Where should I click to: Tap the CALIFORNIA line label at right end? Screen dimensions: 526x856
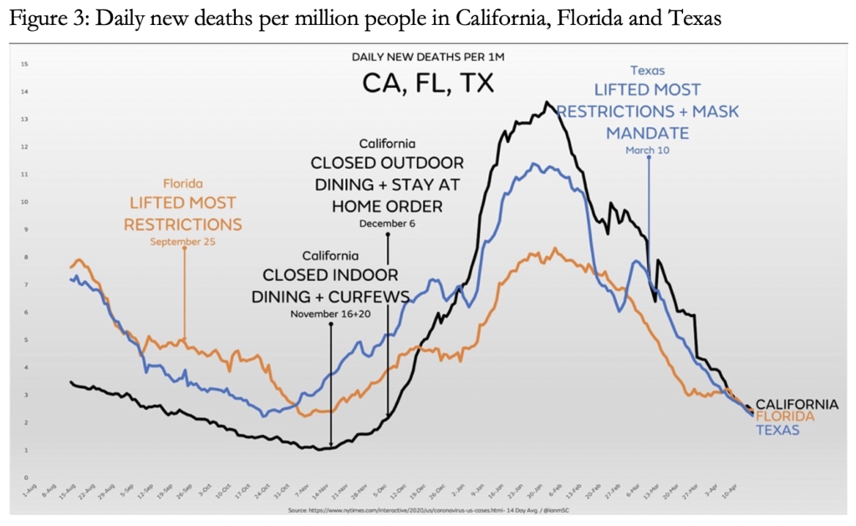797,404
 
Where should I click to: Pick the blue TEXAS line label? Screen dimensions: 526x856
778,430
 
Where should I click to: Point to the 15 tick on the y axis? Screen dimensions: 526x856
25,64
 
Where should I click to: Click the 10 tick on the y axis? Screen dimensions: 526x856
25,202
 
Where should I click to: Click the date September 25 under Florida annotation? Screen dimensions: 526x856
183,242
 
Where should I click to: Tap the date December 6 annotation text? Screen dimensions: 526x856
387,224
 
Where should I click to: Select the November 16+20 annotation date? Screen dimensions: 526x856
330,314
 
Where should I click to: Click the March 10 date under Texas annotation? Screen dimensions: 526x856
648,151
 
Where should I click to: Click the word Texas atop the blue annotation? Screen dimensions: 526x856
648,71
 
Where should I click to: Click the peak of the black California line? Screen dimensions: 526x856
546,103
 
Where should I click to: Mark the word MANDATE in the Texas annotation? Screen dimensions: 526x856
648,133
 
